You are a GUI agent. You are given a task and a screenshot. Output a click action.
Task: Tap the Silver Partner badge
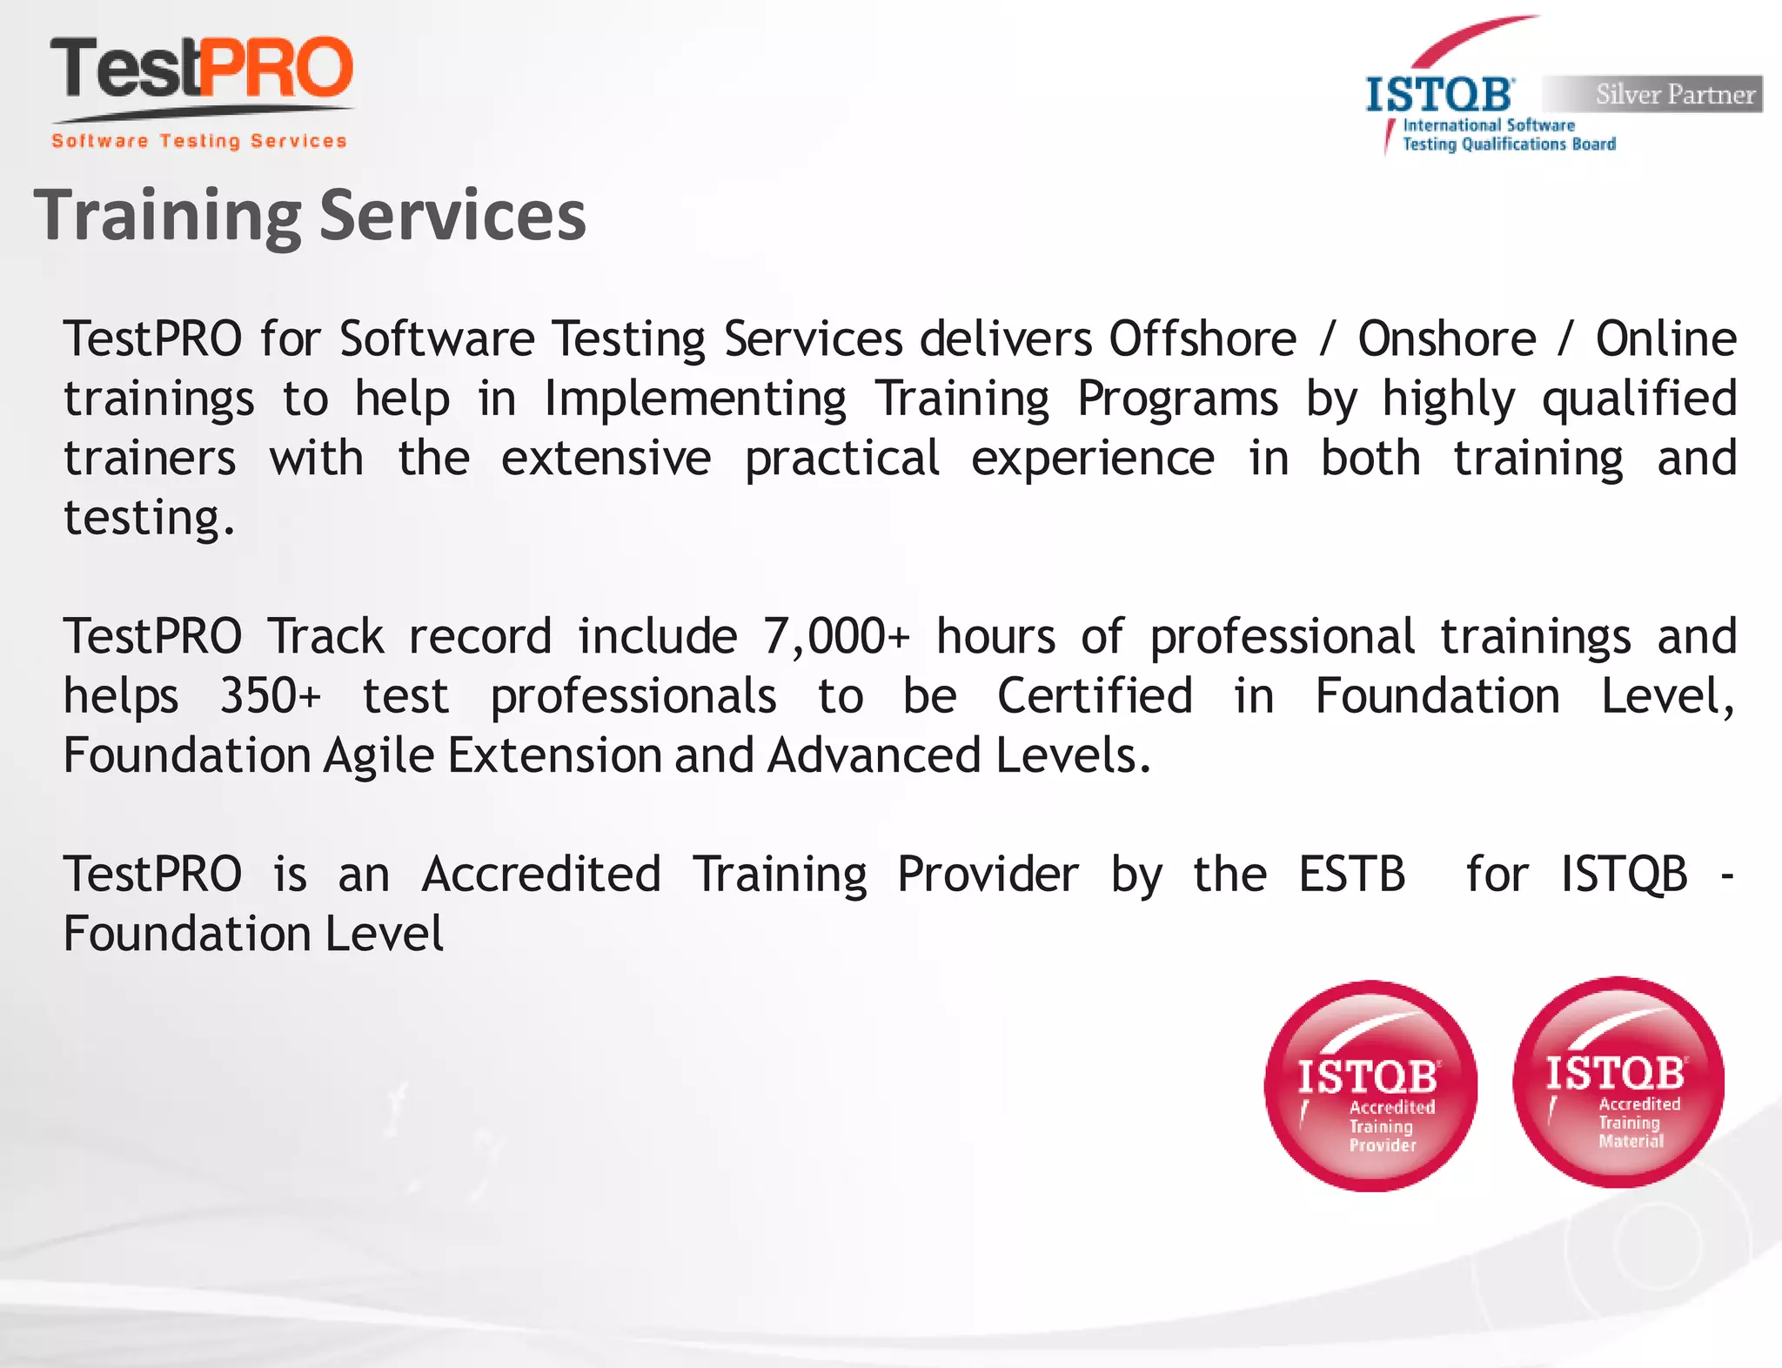coord(1652,94)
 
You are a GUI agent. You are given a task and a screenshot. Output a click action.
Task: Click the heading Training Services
coord(310,216)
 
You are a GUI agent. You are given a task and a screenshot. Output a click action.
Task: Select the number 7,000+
coord(835,636)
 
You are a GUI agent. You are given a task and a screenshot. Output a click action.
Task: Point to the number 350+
coord(270,696)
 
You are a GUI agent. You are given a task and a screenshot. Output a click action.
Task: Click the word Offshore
coord(1203,339)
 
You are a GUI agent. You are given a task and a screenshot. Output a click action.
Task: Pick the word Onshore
coord(1447,339)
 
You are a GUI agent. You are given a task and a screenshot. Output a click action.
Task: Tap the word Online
coord(1665,339)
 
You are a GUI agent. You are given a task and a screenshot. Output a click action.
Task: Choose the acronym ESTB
coord(1351,874)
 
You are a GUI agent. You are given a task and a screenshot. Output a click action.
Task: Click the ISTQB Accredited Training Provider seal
coord(1370,1086)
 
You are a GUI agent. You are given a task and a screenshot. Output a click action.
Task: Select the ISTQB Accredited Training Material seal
coord(1618,1083)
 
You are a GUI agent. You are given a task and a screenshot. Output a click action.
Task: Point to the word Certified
coord(1095,696)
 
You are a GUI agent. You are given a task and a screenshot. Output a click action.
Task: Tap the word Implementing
coord(695,399)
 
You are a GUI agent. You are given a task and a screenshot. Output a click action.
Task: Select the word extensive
coord(606,458)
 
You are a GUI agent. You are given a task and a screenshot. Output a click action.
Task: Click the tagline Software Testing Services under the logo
coord(199,141)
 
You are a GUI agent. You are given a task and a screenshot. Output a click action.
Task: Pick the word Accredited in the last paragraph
coord(541,874)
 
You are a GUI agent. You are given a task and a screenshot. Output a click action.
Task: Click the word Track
coord(325,636)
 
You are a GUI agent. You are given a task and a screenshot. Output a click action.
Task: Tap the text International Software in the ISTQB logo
coord(1489,125)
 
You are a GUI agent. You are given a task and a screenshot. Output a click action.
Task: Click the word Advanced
coord(874,755)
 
